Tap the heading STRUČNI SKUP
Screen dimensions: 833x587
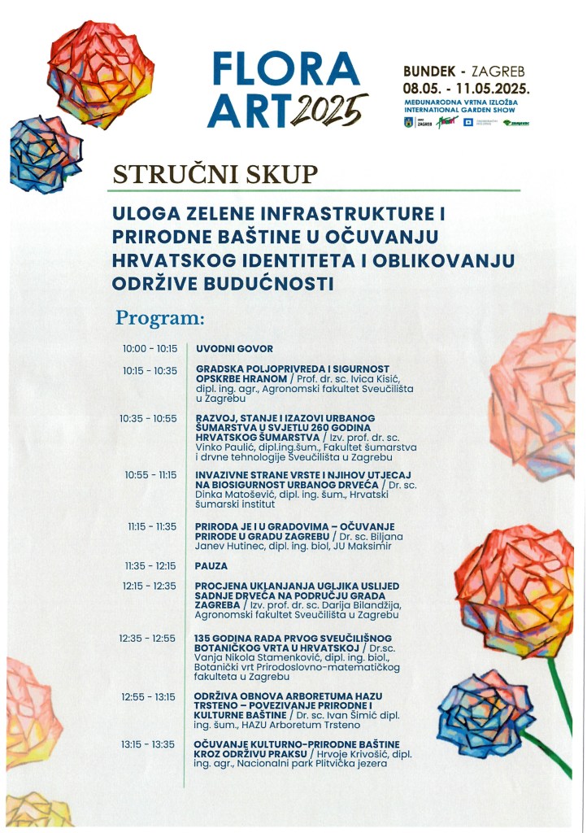(215, 175)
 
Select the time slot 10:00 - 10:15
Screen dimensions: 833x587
(150, 348)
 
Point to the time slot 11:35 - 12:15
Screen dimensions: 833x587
(150, 565)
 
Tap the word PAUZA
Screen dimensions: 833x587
(211, 565)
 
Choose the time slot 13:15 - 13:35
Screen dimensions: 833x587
(148, 744)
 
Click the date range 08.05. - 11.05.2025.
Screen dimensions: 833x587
(467, 88)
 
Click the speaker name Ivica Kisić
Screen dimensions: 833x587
(372, 379)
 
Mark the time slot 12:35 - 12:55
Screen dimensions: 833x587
(148, 638)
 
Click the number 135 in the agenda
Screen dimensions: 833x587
(203, 638)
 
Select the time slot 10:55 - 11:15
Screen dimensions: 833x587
(150, 474)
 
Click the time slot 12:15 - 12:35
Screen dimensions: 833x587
(150, 585)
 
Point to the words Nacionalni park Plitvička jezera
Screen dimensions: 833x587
(312, 764)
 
